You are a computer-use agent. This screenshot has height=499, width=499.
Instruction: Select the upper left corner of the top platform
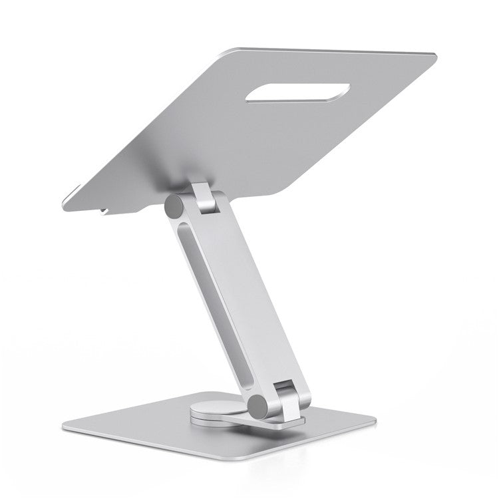point(230,49)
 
